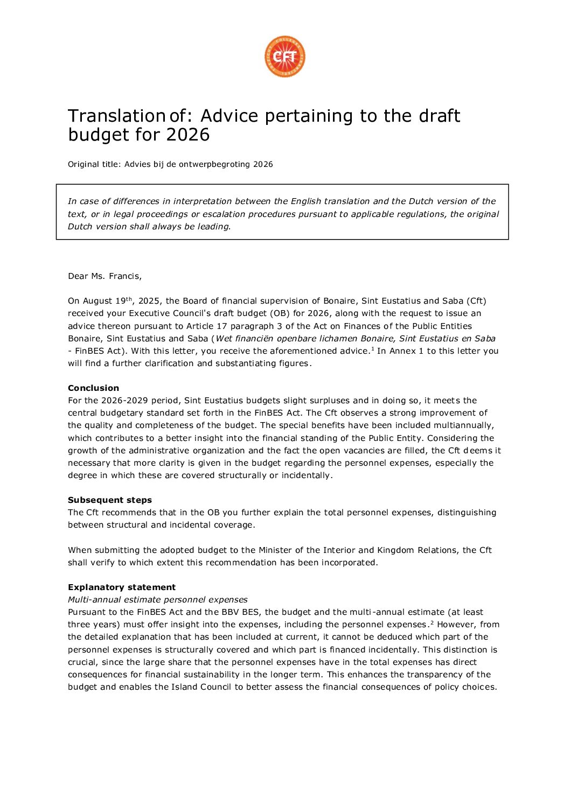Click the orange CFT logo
coord(284,57)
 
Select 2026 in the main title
coord(188,135)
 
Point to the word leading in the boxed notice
coord(214,227)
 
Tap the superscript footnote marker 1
coord(372,349)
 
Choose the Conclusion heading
coord(93,388)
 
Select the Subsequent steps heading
coord(110,500)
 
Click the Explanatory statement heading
coord(122,587)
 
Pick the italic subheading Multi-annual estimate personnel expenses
coord(158,600)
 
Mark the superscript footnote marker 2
coord(432,622)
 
